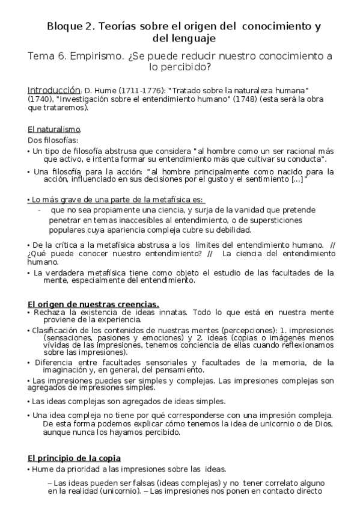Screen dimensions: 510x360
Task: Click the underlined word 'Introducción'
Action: click(x=54, y=87)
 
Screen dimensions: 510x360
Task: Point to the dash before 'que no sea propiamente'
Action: click(x=39, y=210)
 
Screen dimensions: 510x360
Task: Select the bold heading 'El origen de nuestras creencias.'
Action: click(x=93, y=304)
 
